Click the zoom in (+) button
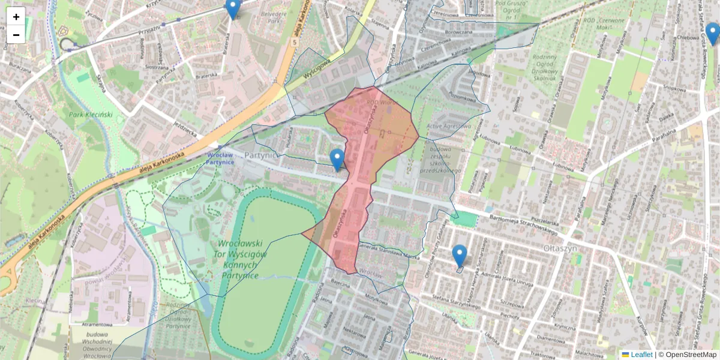[16, 17]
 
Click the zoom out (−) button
[16, 35]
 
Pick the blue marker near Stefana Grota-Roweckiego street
[713, 34]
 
